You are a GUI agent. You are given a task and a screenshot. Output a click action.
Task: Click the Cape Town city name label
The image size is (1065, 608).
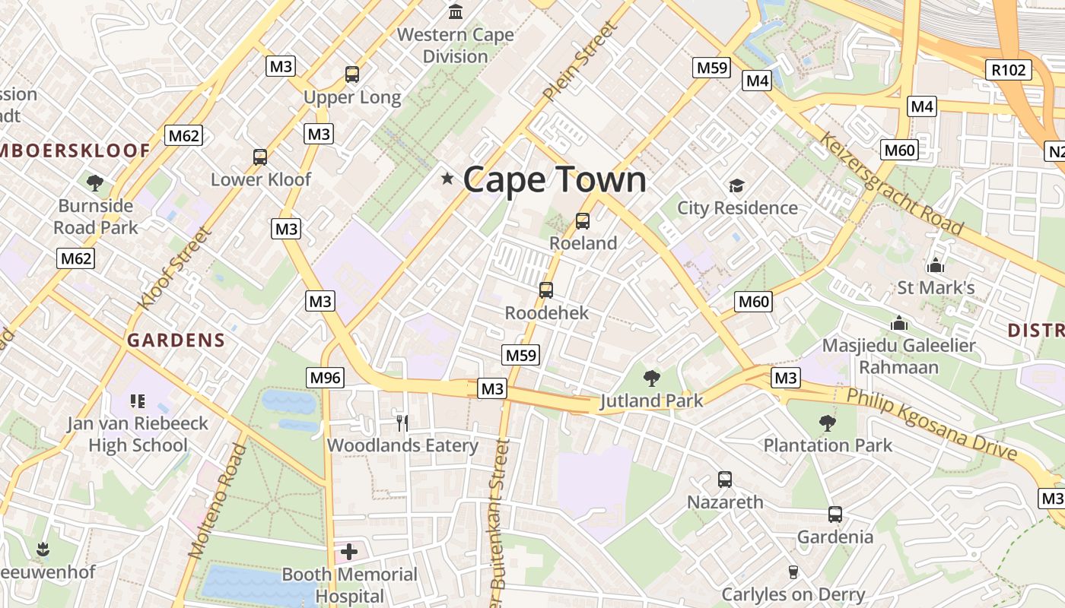point(555,180)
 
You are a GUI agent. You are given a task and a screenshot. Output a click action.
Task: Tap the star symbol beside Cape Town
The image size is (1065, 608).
point(447,179)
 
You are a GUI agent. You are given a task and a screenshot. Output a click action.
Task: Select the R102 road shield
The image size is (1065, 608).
point(1009,70)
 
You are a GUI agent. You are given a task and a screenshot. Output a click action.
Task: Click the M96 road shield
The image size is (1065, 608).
point(326,377)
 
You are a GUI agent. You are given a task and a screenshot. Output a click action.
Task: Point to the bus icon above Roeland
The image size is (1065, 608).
point(583,221)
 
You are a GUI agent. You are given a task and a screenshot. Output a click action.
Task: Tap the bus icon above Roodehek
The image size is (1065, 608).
point(546,290)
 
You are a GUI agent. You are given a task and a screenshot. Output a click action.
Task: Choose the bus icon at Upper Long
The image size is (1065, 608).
point(352,74)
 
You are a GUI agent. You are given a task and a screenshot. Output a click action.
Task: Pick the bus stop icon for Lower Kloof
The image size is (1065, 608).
point(260,157)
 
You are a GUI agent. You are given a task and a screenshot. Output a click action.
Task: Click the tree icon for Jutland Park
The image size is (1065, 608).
point(651,378)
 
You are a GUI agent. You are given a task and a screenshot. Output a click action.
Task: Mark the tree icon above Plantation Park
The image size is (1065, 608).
point(828,423)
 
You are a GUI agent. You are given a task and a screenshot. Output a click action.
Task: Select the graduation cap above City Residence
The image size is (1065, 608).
point(736,185)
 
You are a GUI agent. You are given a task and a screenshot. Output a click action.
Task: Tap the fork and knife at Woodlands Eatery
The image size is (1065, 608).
point(402,422)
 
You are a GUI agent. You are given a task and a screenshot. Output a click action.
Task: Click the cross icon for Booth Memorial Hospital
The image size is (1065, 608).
point(349,551)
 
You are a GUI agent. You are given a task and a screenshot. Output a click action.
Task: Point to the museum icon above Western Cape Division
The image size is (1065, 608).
point(456,12)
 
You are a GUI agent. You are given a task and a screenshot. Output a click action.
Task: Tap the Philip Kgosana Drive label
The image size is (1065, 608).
point(932,424)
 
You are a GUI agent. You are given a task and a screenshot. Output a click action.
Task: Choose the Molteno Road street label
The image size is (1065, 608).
point(218,501)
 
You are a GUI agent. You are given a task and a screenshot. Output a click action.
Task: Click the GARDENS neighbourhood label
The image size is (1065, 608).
point(176,340)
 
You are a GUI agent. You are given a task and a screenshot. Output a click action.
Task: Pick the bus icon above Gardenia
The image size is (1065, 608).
point(835,515)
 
